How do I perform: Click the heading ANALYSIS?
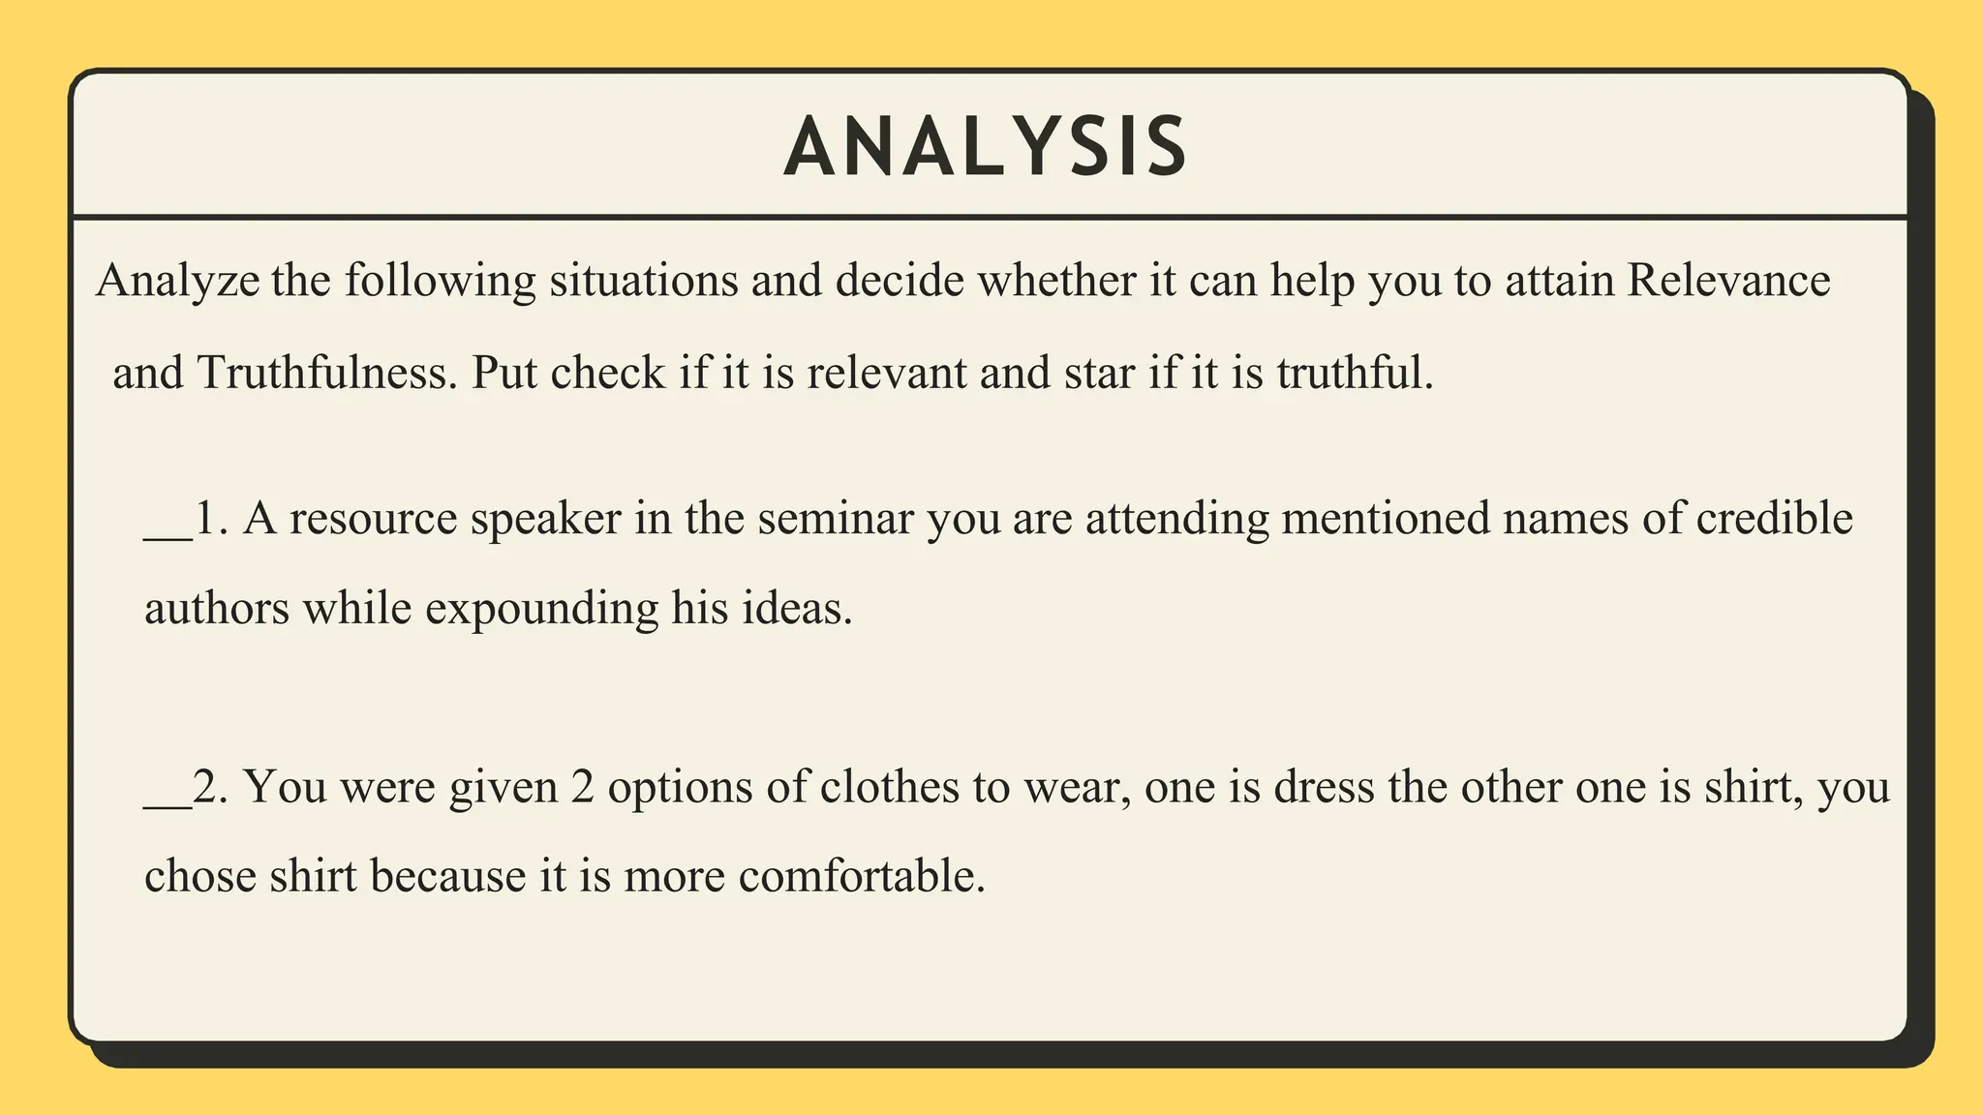click(x=985, y=147)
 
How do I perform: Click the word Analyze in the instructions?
click(x=178, y=282)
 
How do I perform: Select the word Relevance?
click(x=1728, y=282)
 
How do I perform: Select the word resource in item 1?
click(x=373, y=520)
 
